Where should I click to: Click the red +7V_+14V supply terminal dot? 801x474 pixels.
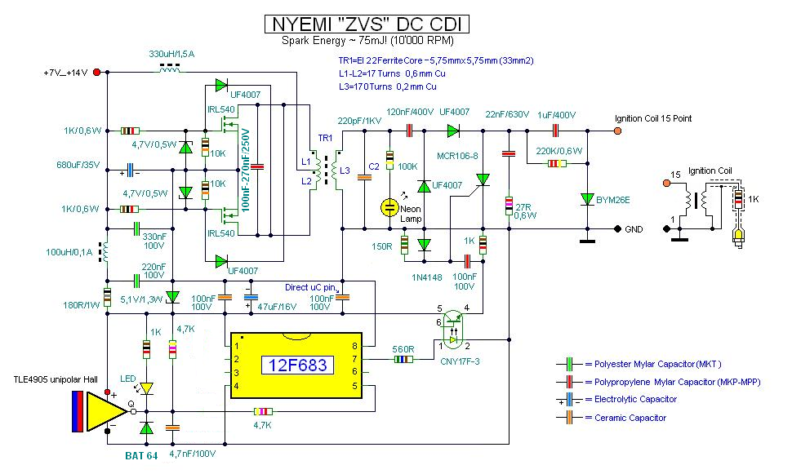pos(98,73)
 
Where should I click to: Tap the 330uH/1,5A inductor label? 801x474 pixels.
pos(173,54)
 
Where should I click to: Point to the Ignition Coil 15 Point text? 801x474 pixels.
pos(653,118)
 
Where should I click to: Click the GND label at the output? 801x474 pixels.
pos(634,230)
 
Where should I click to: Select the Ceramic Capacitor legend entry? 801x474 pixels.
pos(625,418)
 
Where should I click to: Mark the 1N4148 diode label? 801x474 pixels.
pos(428,277)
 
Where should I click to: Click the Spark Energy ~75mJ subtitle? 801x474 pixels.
pos(367,40)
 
